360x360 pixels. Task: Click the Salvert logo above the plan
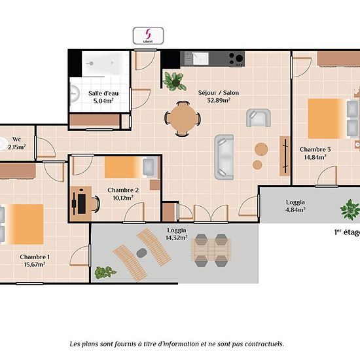point(149,35)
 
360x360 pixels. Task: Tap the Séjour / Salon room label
point(219,93)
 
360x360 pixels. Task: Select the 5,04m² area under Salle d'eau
point(103,101)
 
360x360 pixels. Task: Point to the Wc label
point(16,139)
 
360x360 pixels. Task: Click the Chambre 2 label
point(123,190)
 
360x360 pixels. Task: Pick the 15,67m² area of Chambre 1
point(35,264)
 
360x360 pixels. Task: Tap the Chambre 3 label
point(315,149)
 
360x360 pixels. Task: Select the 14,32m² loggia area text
point(176,238)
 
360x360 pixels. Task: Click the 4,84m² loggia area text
point(295,209)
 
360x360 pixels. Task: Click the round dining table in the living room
point(183,118)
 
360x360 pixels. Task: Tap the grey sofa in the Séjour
point(224,157)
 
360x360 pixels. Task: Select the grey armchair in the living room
point(259,118)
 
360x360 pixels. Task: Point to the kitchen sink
point(200,58)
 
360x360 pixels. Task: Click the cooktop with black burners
point(236,59)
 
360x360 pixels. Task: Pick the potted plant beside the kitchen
point(174,81)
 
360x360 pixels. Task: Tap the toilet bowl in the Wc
point(3,144)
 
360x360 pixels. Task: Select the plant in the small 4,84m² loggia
point(350,209)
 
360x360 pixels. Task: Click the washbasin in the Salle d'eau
point(75,94)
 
